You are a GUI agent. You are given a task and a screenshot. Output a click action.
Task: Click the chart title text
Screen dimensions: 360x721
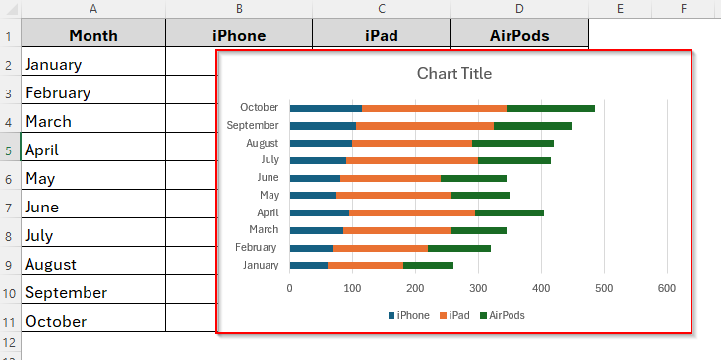pyautogui.click(x=453, y=74)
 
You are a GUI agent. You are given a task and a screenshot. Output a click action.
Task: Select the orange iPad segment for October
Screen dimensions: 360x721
pyautogui.click(x=434, y=108)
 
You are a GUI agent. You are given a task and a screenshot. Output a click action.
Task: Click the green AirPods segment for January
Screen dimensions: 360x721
pyautogui.click(x=428, y=265)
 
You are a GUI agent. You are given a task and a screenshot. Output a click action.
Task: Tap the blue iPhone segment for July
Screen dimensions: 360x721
pyautogui.click(x=318, y=160)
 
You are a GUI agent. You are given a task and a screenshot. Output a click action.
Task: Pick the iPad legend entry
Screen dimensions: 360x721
pyautogui.click(x=456, y=316)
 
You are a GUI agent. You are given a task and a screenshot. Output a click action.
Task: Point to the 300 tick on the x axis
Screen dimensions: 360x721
pyautogui.click(x=478, y=288)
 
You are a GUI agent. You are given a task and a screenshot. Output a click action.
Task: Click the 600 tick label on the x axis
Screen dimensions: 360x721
pyautogui.click(x=667, y=288)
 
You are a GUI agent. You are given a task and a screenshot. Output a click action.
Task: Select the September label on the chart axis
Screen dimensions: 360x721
pyautogui.click(x=253, y=126)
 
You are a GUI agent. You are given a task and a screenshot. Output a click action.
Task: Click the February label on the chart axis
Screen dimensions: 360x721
pyautogui.click(x=256, y=247)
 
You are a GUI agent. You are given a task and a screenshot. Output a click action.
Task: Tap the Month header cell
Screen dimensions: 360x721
pyautogui.click(x=93, y=36)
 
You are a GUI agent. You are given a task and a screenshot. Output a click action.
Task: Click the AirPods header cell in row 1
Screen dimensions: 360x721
pyautogui.click(x=518, y=36)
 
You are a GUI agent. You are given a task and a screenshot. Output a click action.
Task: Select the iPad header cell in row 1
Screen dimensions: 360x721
pyautogui.click(x=381, y=36)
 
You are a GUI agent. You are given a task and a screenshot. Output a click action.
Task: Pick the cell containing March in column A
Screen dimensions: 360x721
pyautogui.click(x=93, y=122)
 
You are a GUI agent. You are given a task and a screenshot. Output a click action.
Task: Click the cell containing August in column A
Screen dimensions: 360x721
pyautogui.click(x=93, y=265)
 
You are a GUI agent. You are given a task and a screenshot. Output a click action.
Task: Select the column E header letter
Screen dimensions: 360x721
pyautogui.click(x=620, y=9)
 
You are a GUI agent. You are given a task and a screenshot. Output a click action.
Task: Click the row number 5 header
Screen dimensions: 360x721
pyautogui.click(x=9, y=150)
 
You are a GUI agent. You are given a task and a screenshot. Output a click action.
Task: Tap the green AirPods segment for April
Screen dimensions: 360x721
pyautogui.click(x=510, y=212)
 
